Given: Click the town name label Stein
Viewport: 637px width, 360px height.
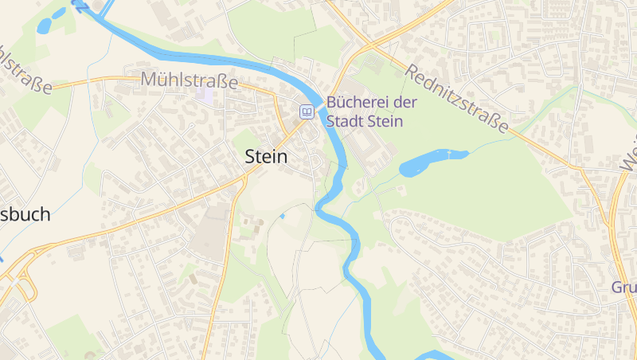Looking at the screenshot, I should point(265,157).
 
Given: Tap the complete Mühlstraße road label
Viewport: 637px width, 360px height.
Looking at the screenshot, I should point(190,80).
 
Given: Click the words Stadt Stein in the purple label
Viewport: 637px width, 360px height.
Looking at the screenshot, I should point(365,122).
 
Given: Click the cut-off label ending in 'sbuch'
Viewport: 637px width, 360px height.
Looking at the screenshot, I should point(25,214).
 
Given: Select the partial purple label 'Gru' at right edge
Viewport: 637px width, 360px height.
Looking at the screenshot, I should point(623,288).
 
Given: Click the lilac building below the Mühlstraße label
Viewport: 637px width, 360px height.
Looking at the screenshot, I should point(205,94).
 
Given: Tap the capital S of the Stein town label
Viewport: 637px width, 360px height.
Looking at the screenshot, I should point(250,157).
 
